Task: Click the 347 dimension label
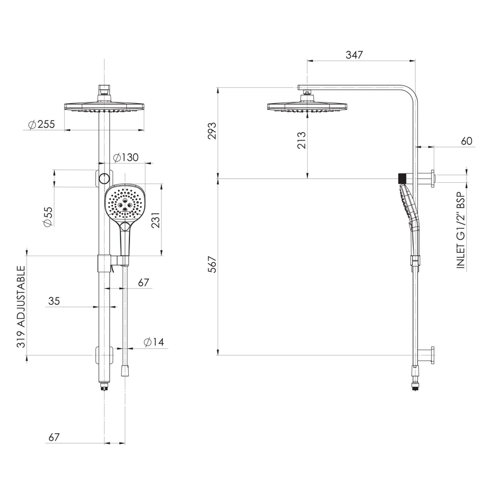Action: [354, 55]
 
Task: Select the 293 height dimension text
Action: [212, 131]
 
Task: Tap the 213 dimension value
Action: [302, 140]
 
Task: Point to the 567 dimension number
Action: [212, 264]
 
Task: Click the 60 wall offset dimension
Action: [467, 141]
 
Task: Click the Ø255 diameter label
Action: [41, 125]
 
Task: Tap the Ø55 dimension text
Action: [48, 216]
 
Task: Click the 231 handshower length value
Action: [156, 220]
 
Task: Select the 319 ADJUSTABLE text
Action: [21, 306]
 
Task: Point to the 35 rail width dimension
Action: [54, 301]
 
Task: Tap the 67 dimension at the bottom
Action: [54, 437]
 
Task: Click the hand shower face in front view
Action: [124, 204]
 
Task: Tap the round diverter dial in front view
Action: [105, 178]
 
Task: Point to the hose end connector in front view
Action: [125, 370]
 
